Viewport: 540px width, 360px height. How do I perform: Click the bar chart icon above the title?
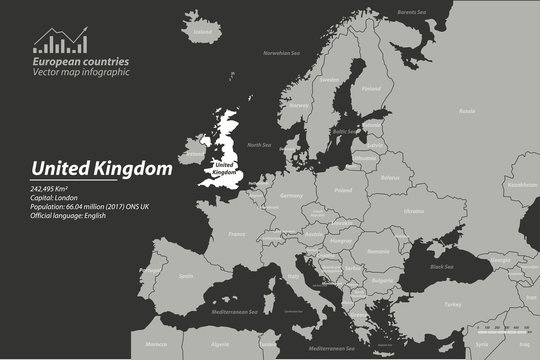(x=59, y=41)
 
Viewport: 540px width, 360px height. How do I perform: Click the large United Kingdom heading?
(x=100, y=169)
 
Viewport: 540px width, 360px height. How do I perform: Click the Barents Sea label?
(x=411, y=12)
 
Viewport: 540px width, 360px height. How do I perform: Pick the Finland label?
(x=371, y=88)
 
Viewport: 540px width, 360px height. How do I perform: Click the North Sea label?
(x=259, y=145)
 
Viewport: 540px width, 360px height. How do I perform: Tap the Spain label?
(x=185, y=275)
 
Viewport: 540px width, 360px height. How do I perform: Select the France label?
(x=237, y=234)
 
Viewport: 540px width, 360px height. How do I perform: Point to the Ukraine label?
(x=412, y=211)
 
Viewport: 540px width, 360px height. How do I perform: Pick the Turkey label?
(x=451, y=303)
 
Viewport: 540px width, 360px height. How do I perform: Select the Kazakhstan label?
(x=522, y=185)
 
